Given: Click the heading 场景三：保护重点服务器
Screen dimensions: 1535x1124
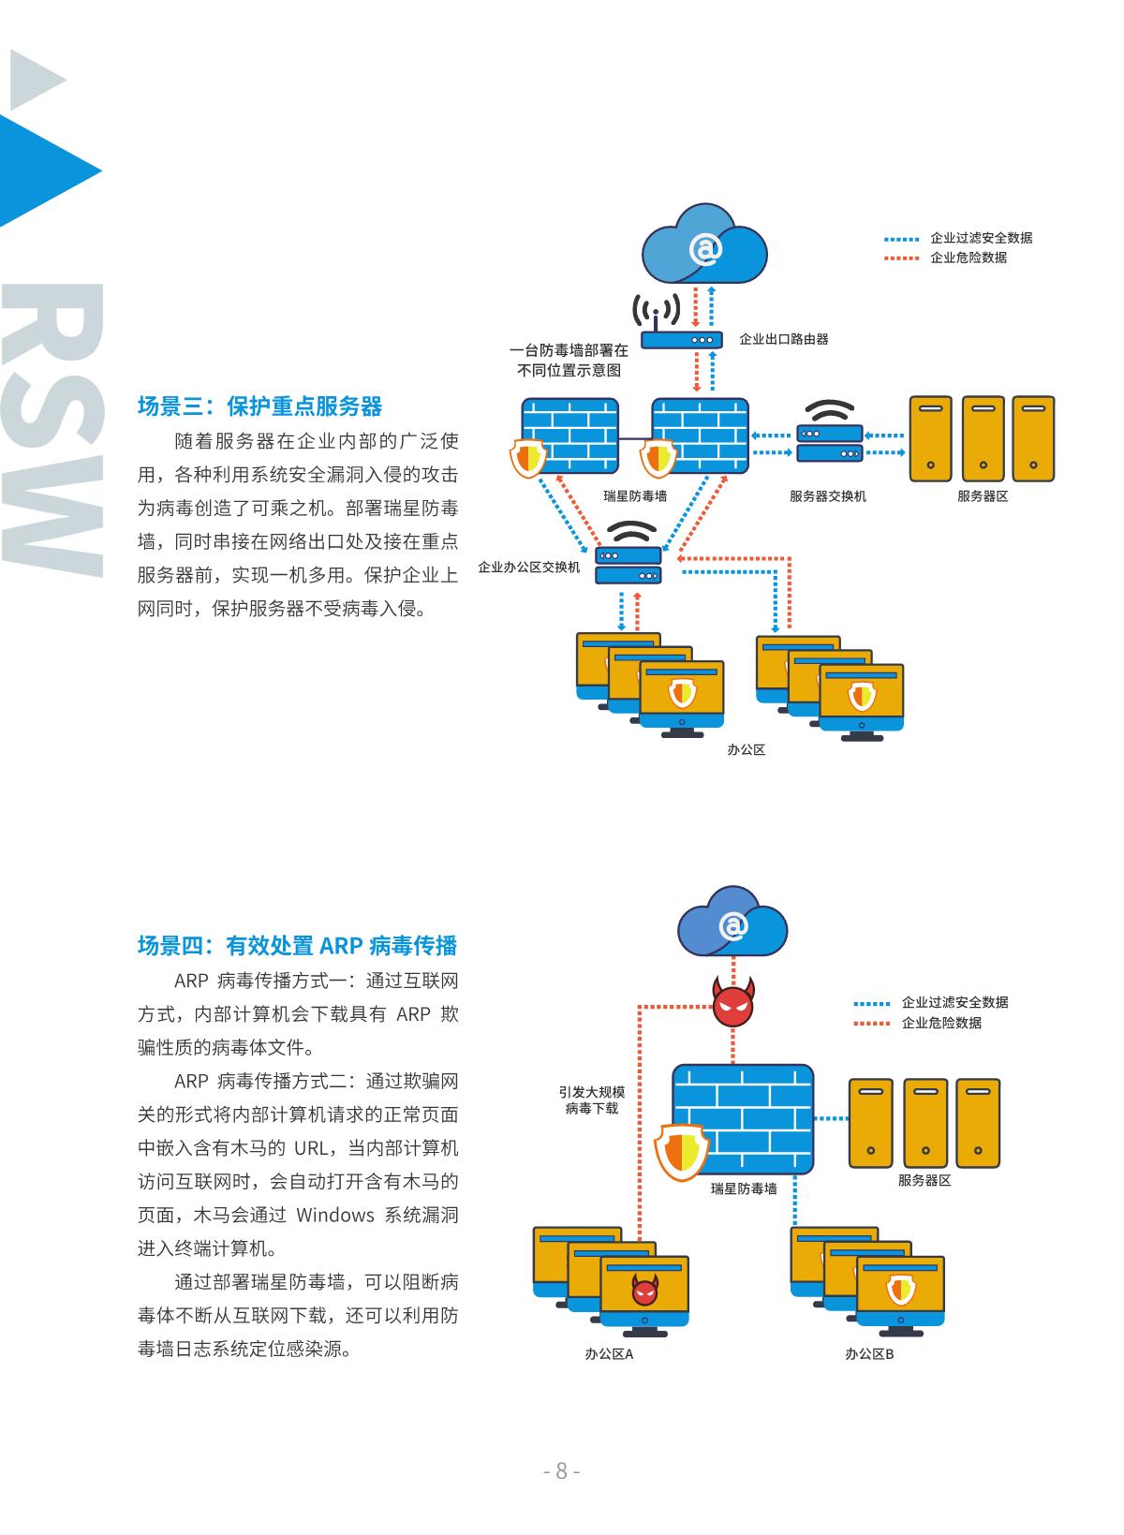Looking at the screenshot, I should (x=259, y=406).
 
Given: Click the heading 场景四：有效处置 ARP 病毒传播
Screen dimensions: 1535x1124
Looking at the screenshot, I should (x=297, y=945).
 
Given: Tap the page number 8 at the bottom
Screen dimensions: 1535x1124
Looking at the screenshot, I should (x=562, y=1470).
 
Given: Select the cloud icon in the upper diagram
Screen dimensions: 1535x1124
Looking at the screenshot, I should (x=704, y=247).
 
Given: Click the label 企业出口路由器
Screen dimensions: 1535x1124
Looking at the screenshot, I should (x=784, y=339).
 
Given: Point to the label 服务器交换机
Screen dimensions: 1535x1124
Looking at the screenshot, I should (x=827, y=495).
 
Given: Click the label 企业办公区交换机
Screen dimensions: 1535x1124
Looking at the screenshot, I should (x=529, y=568).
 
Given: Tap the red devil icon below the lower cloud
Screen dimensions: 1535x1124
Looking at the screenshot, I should (x=733, y=1002).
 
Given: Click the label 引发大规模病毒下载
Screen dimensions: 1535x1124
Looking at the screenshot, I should (x=591, y=1100).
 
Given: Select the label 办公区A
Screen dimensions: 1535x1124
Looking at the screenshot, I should (x=609, y=1353).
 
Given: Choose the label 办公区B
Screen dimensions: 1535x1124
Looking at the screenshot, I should (x=869, y=1353).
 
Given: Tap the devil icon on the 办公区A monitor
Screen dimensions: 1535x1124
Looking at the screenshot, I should (x=644, y=1291).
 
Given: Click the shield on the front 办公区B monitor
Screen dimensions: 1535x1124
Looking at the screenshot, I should (x=900, y=1290).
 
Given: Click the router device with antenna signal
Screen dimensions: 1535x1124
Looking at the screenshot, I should (x=680, y=338).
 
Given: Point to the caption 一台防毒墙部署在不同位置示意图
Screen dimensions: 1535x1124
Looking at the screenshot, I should (x=569, y=361).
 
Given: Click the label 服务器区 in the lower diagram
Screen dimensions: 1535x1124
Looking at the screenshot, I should (x=924, y=1180).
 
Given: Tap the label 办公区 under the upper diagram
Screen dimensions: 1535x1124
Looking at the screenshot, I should (x=747, y=749).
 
